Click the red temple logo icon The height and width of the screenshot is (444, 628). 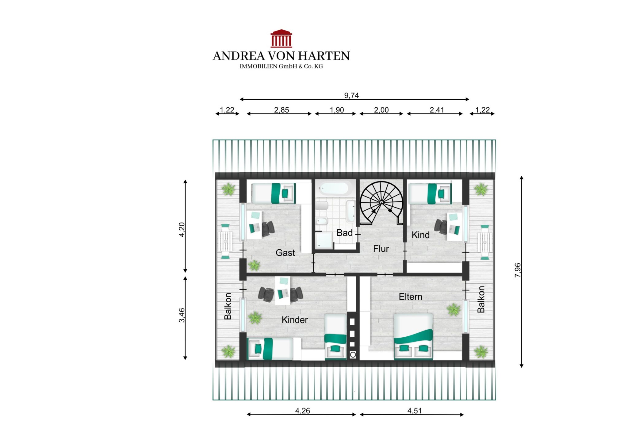click(x=281, y=38)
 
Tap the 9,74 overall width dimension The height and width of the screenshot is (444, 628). click(x=351, y=95)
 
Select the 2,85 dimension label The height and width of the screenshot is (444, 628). click(x=281, y=110)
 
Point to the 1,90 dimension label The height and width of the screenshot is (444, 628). click(x=337, y=110)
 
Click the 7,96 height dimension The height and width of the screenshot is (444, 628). click(x=518, y=270)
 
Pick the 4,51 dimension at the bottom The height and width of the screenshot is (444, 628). click(x=415, y=411)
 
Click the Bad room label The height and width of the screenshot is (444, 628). click(x=345, y=233)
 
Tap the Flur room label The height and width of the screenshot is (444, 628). click(x=381, y=249)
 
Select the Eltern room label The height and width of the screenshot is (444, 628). click(x=410, y=297)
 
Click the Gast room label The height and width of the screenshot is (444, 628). click(x=285, y=253)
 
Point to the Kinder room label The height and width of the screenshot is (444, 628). click(x=295, y=320)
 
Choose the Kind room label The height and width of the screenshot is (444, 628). click(x=420, y=235)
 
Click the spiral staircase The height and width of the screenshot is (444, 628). click(x=381, y=203)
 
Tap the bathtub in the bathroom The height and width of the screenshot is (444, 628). click(x=333, y=188)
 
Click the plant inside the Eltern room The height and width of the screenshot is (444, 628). click(x=454, y=310)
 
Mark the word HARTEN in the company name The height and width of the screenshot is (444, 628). click(x=324, y=56)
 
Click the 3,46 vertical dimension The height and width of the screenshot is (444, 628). click(x=182, y=315)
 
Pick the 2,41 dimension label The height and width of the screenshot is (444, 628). click(x=437, y=110)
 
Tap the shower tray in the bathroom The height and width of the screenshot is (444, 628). click(x=324, y=240)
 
